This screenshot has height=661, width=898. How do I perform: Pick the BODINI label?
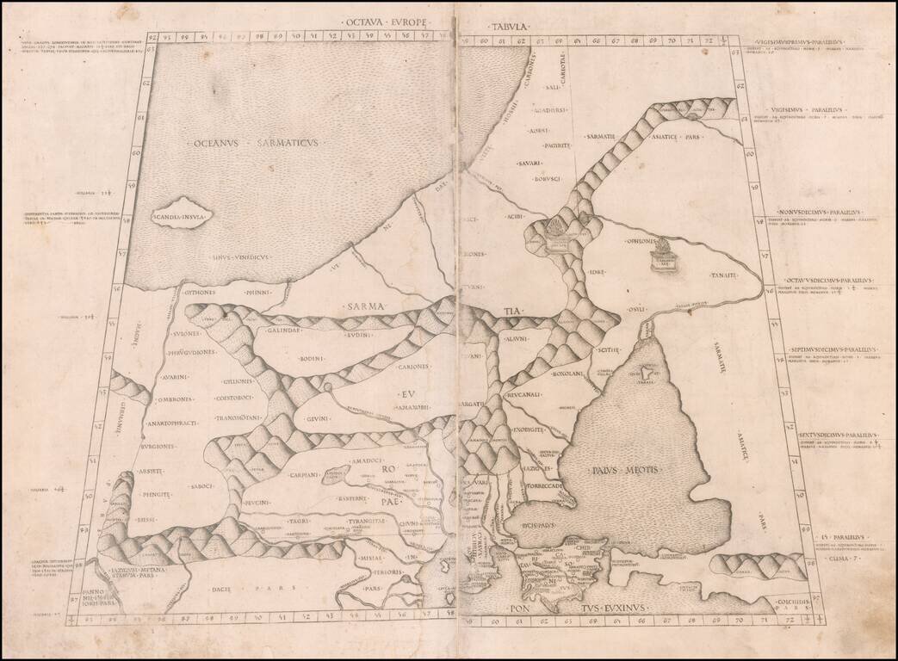[312, 357]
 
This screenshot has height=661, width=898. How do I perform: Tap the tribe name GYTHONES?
[203, 293]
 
